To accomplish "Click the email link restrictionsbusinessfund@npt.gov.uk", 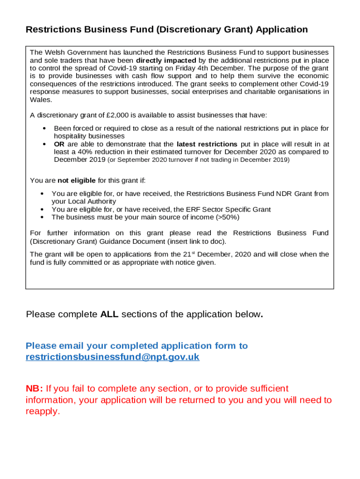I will tap(112, 357).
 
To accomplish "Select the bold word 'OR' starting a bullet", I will tap(59, 144).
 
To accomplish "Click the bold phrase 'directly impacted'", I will tap(166, 60).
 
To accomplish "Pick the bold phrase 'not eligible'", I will tap(77, 181).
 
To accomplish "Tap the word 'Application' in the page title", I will tap(282, 30).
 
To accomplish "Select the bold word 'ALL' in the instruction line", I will tap(109, 314).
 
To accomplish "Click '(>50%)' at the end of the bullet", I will tap(230, 217).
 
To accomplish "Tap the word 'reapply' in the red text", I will tap(42, 412).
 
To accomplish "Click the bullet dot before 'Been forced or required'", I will tap(43, 128).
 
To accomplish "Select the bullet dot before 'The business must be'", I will tap(43, 217).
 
